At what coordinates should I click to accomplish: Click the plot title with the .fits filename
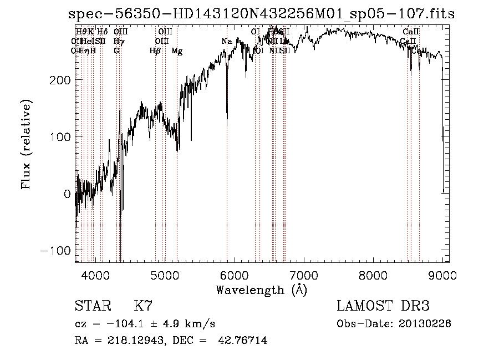(261, 14)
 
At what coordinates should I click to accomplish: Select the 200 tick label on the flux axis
(59, 80)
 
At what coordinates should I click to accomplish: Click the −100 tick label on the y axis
(55, 250)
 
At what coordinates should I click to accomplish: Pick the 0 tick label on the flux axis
(67, 194)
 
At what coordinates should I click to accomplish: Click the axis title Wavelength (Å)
(261, 290)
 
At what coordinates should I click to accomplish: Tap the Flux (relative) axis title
(26, 145)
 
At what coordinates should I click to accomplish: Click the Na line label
(227, 42)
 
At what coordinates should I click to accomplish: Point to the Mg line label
(177, 51)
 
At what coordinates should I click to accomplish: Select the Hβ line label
(155, 51)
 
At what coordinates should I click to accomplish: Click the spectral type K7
(143, 306)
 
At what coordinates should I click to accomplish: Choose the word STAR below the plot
(92, 306)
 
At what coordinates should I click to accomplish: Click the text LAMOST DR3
(383, 306)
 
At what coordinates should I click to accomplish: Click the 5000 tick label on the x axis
(165, 275)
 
